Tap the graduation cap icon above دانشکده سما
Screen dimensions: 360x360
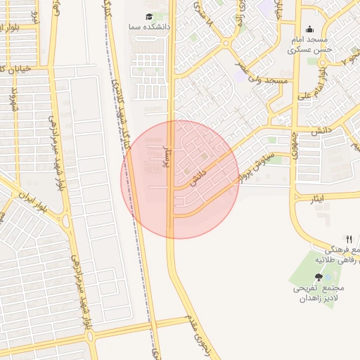pos(148,16)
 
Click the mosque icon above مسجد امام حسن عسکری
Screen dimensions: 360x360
pos(309,30)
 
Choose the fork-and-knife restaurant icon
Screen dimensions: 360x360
pos(349,239)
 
